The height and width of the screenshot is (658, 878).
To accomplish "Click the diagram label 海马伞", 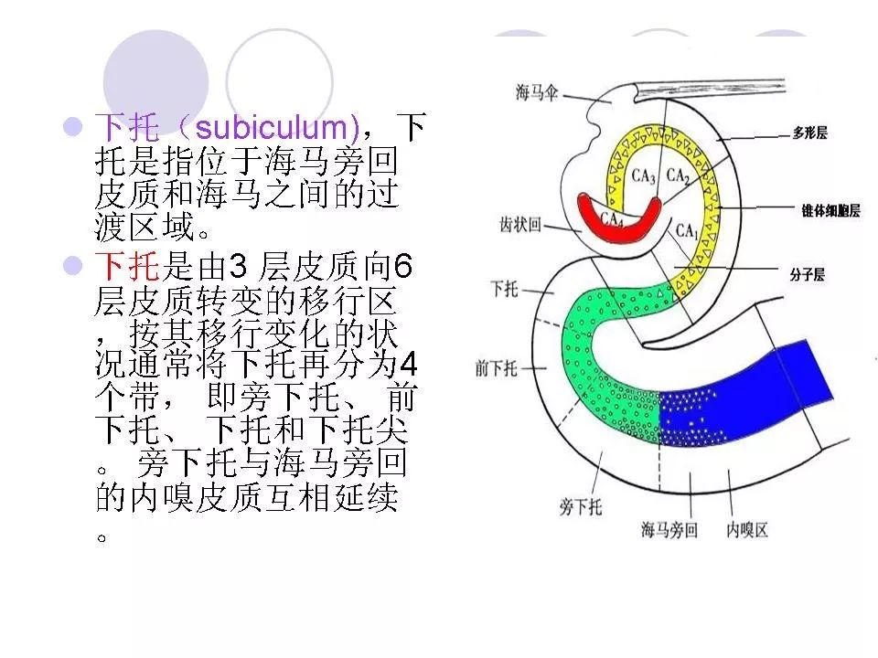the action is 537,91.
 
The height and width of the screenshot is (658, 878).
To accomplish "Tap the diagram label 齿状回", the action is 520,225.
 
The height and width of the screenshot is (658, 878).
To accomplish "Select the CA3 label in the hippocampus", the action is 643,176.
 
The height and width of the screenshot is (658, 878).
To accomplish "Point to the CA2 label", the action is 678,175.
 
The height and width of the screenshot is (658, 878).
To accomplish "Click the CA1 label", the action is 687,230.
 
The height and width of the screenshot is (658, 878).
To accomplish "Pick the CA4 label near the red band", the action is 612,218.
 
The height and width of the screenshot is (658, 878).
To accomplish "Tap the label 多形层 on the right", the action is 809,133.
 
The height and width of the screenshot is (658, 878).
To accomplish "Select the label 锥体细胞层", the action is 831,210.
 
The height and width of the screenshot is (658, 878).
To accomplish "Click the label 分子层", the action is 808,274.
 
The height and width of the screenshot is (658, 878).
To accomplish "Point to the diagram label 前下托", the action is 496,368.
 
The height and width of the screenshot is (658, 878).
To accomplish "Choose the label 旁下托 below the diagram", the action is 581,507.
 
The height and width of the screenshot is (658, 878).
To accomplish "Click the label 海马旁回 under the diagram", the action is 669,529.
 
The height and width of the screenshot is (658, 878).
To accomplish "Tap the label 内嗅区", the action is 747,529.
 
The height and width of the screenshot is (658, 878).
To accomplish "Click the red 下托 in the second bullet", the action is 128,266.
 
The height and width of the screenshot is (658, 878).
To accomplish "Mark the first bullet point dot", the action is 73,126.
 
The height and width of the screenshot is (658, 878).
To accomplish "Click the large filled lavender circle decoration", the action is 156,82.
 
